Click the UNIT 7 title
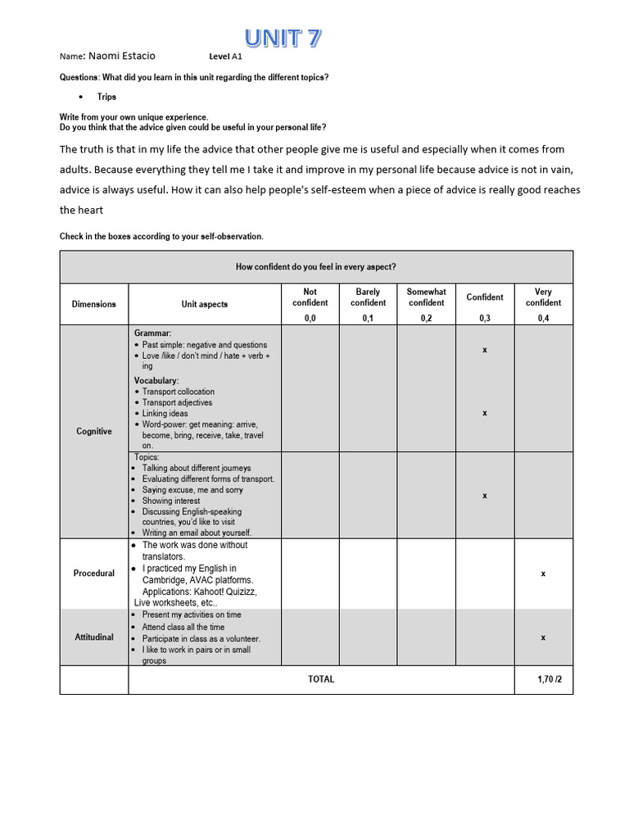coord(283,38)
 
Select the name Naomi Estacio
coord(122,56)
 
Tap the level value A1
coord(238,57)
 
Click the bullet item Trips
coord(106,97)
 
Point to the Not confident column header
coord(310,297)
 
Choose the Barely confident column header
coord(368,297)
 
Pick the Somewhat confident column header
coord(426,297)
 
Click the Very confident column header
coord(543,297)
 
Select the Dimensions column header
coord(94,304)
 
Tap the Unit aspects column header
coord(205,304)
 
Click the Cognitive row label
coord(94,431)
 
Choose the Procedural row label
coord(94,574)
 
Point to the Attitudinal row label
coord(94,637)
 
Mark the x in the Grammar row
coord(485,350)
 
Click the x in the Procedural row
coord(543,574)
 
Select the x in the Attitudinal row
coord(543,637)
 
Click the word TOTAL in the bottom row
coord(321,679)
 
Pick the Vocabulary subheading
coord(156,381)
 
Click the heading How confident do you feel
coord(316,266)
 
